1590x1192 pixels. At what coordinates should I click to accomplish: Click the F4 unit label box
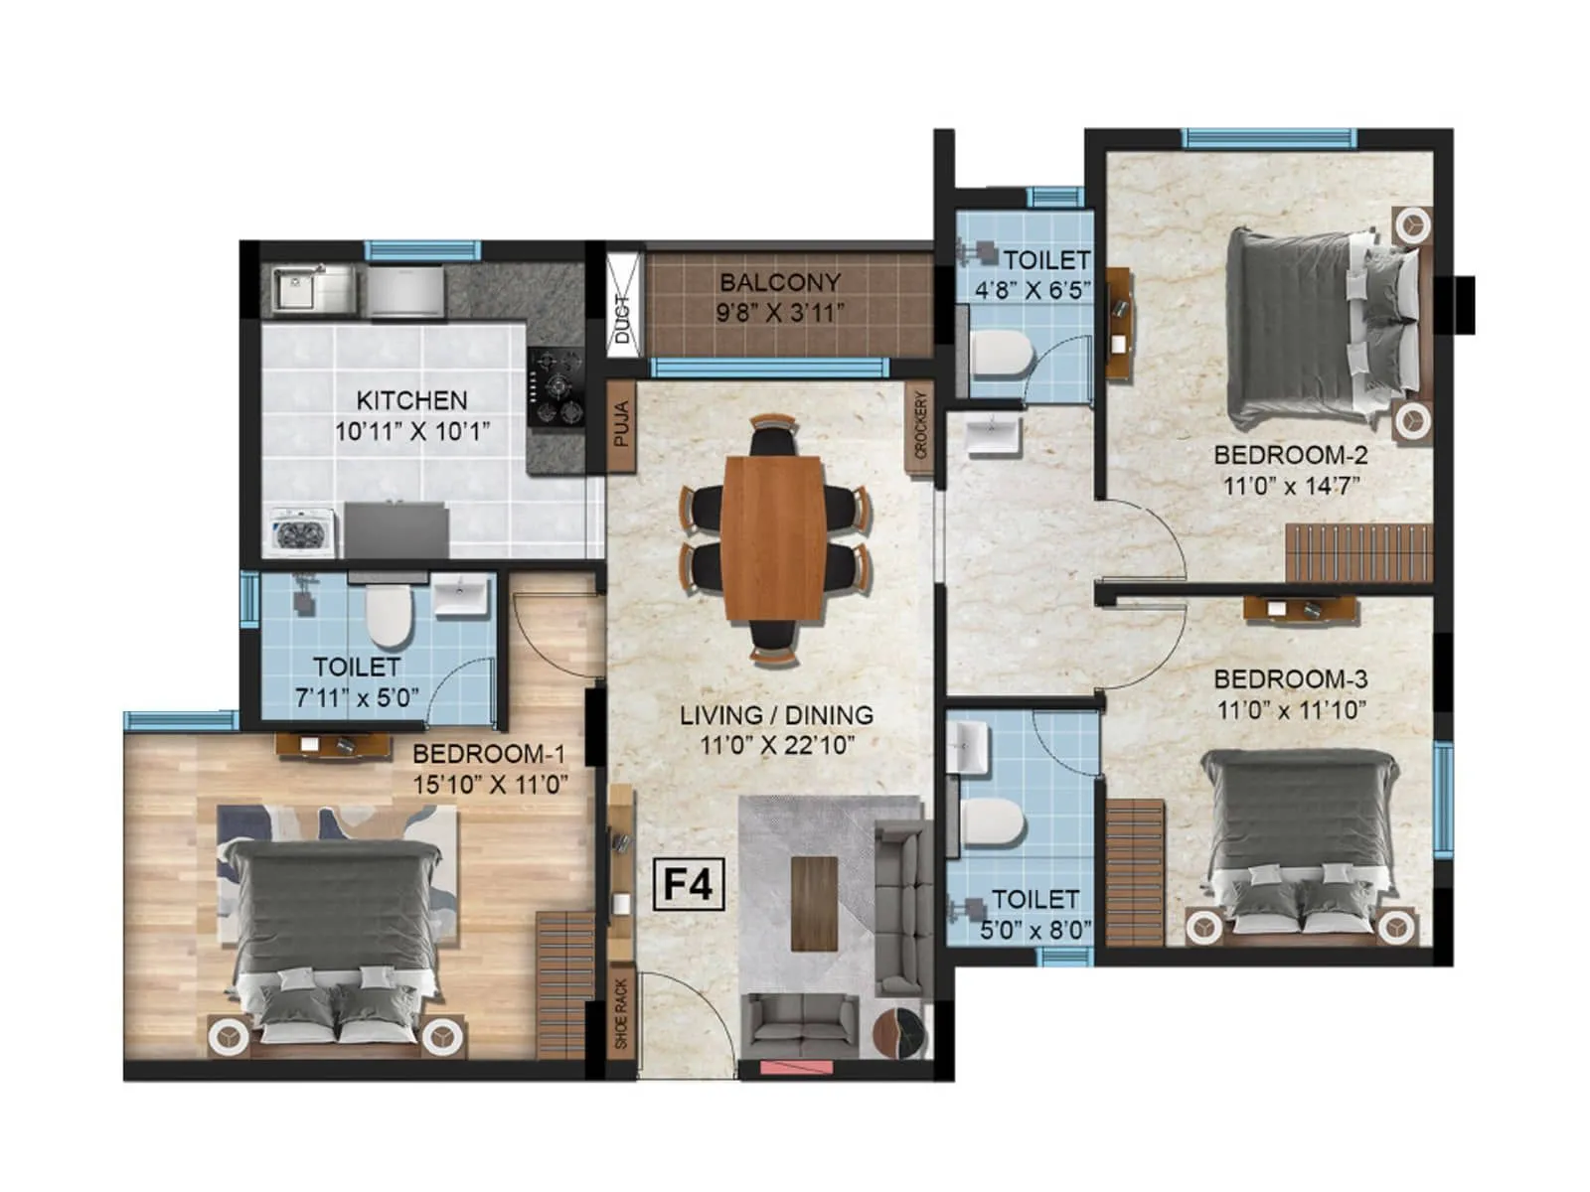[x=688, y=883]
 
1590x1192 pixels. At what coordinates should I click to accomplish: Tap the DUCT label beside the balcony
[x=623, y=320]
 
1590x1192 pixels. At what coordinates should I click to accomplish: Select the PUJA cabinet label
[x=622, y=424]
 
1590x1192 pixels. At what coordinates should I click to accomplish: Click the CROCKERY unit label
[x=920, y=425]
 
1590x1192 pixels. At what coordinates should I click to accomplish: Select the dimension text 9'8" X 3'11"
[x=780, y=313]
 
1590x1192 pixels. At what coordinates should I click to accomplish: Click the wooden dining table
[x=774, y=537]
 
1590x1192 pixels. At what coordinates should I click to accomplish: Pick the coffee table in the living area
[x=815, y=902]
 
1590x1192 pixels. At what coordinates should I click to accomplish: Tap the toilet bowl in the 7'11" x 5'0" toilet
[x=388, y=616]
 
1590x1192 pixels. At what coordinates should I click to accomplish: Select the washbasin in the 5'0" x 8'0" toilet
[x=967, y=747]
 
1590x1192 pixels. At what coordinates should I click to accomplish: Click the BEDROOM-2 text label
[x=1291, y=455]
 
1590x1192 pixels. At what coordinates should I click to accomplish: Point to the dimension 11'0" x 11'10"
[x=1291, y=711]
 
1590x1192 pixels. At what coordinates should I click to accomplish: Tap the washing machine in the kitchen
[x=301, y=532]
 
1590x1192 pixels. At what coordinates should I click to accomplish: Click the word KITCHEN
[x=411, y=400]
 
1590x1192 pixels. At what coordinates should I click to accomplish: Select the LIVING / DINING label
[x=776, y=715]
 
